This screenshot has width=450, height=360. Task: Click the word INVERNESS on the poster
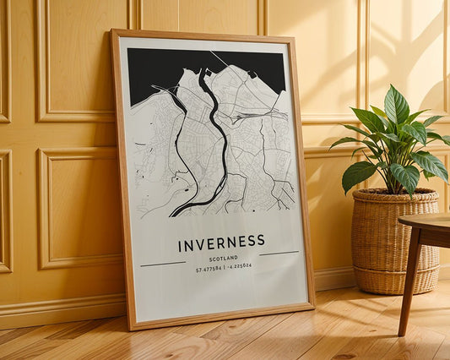point(221,244)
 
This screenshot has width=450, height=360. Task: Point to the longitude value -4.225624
point(236,266)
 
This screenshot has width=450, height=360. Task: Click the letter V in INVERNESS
point(201,245)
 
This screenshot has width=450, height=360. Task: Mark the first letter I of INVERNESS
point(180,247)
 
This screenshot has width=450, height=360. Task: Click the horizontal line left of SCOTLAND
point(163,264)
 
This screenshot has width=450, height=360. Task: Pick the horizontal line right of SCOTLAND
point(279,253)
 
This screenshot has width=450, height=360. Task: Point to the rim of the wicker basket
point(394,196)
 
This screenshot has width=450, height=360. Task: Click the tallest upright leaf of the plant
point(396,105)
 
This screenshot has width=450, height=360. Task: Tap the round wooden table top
point(426,221)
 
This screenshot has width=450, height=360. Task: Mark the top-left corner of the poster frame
point(113,32)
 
